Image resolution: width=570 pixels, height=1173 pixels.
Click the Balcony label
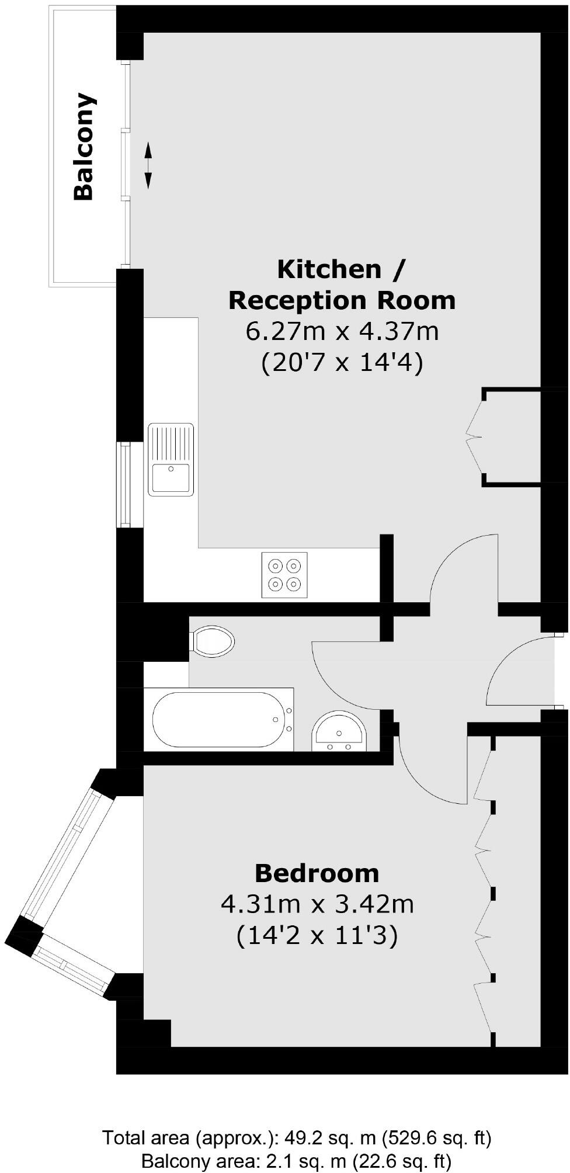[x=84, y=147]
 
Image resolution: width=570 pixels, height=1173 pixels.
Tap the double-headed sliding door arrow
[x=148, y=165]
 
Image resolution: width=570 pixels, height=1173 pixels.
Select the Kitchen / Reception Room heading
[x=342, y=284]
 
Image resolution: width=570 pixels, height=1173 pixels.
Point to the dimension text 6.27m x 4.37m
[x=342, y=332]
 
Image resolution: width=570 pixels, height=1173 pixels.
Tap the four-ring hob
[x=284, y=574]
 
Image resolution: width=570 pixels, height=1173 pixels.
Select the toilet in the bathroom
[x=213, y=641]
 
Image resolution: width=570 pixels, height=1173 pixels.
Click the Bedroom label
[x=317, y=873]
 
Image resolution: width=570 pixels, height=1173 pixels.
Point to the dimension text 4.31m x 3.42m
[x=317, y=904]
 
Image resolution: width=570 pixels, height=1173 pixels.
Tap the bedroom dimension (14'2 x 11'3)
[x=317, y=936]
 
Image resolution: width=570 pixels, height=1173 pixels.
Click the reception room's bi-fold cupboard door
[x=474, y=436]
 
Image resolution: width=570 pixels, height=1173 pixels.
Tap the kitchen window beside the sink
[x=124, y=484]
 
